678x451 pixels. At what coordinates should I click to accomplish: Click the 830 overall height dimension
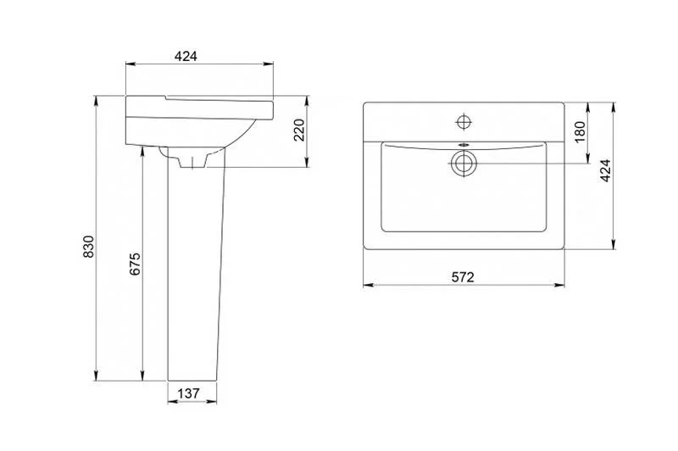point(89,247)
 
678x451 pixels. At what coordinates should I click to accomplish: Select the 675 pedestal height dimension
point(136,264)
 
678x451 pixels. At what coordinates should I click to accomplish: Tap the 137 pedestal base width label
point(189,393)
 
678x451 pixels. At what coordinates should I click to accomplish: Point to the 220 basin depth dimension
point(299,130)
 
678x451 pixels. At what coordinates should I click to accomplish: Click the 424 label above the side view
point(186,56)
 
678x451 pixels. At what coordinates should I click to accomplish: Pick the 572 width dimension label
point(463,276)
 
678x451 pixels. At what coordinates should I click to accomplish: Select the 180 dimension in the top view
point(581,132)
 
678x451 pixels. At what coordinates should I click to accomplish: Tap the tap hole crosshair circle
point(464,122)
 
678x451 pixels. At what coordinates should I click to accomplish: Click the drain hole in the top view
point(464,164)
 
